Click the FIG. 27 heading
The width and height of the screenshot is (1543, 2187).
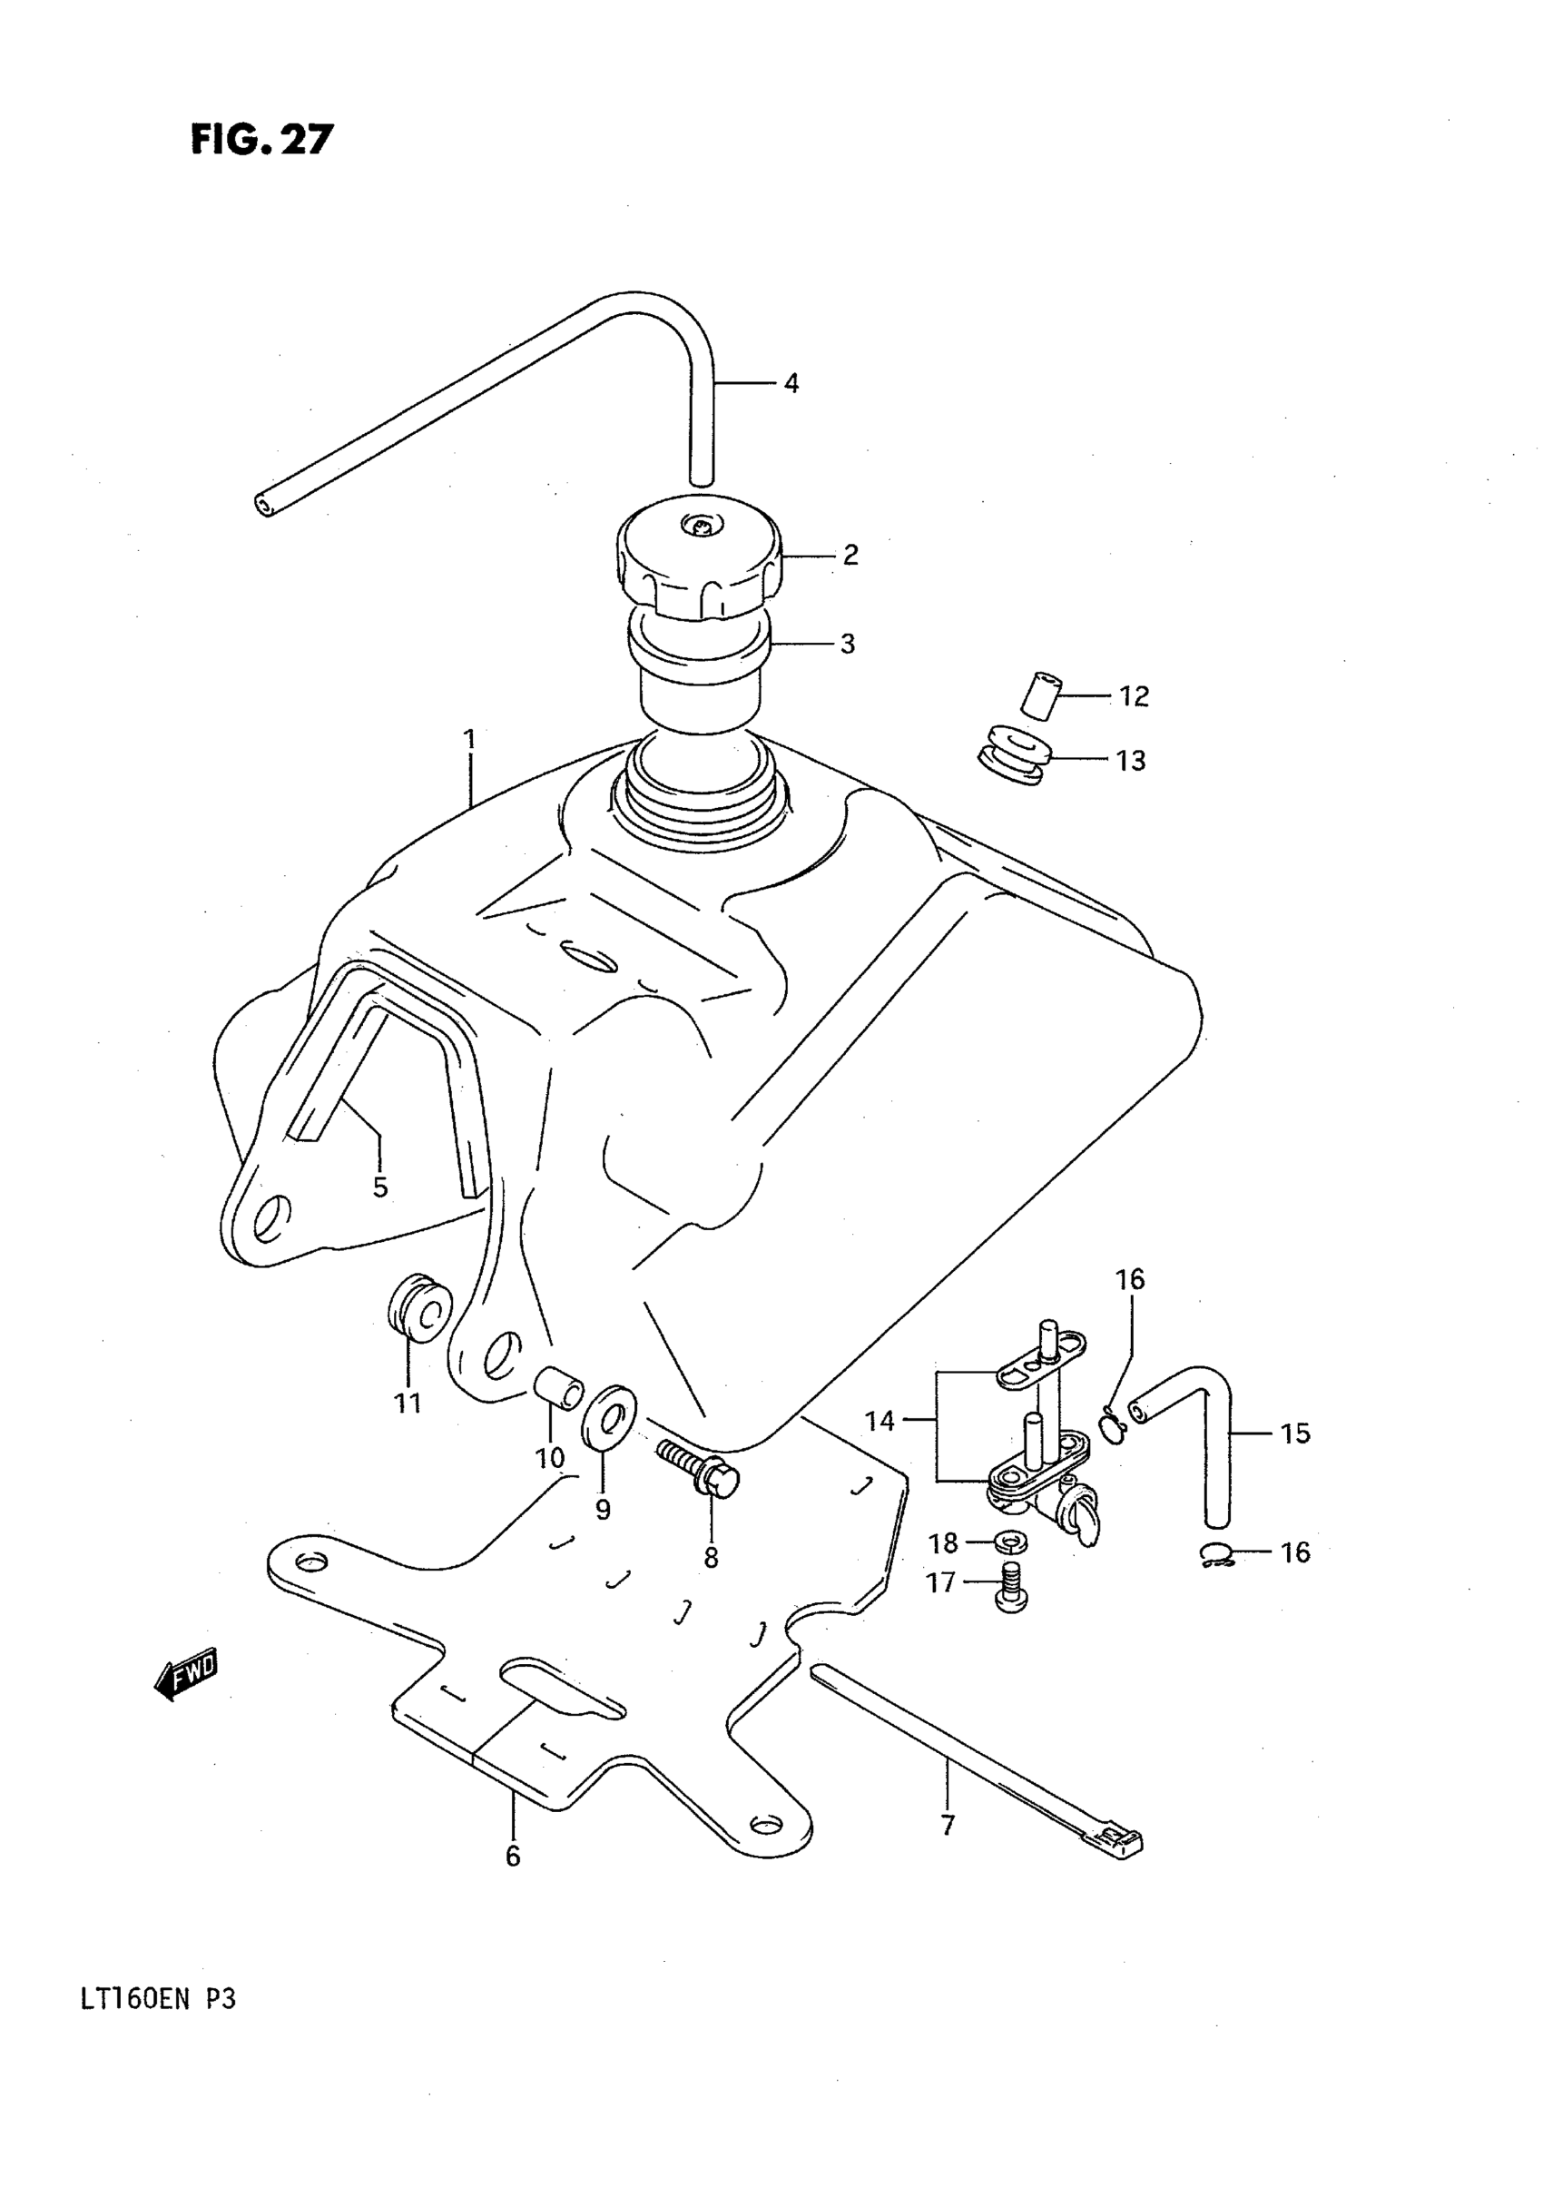(x=262, y=139)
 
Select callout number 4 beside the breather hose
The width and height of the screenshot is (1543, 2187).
(x=791, y=384)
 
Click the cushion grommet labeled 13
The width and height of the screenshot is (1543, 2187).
(x=1012, y=756)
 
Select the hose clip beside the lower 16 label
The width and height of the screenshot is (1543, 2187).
(x=1214, y=1555)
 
